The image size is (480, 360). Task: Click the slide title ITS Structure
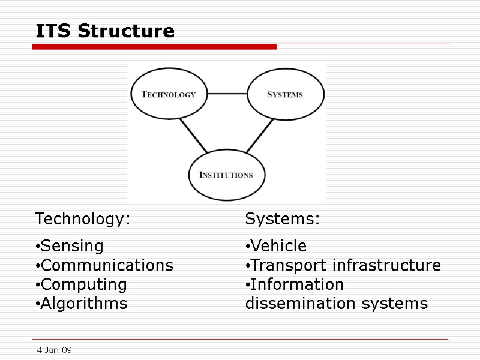click(x=105, y=31)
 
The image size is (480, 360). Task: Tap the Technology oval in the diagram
click(x=169, y=94)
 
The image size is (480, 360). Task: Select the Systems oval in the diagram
click(x=285, y=94)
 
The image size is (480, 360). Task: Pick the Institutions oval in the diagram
click(x=226, y=175)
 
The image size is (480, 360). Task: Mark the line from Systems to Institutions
click(x=260, y=134)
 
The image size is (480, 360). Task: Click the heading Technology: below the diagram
click(x=83, y=219)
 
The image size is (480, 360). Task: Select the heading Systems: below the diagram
click(x=283, y=219)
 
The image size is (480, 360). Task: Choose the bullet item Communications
click(x=107, y=265)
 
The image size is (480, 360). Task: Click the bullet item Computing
click(x=83, y=284)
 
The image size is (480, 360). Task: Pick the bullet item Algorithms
click(x=84, y=304)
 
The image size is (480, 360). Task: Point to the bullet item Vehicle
click(x=278, y=246)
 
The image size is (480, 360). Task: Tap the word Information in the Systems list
click(x=297, y=284)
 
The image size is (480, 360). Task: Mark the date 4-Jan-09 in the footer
click(x=54, y=350)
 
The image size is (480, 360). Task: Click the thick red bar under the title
click(x=154, y=46)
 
